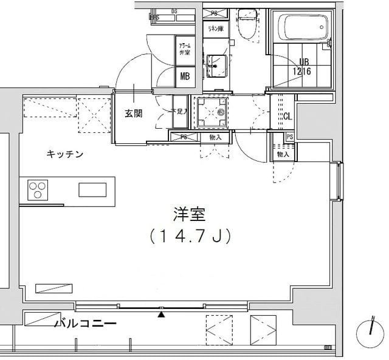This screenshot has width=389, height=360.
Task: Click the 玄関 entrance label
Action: point(134,113)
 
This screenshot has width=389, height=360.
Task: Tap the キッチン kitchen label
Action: point(65,154)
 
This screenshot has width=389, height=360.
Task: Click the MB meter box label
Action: point(184,76)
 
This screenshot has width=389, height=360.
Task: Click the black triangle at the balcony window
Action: point(161,314)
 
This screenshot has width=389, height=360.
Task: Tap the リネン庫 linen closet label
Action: point(214,29)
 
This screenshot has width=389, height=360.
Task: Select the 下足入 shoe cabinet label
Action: point(176,112)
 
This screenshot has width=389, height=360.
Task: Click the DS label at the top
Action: point(174,10)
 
